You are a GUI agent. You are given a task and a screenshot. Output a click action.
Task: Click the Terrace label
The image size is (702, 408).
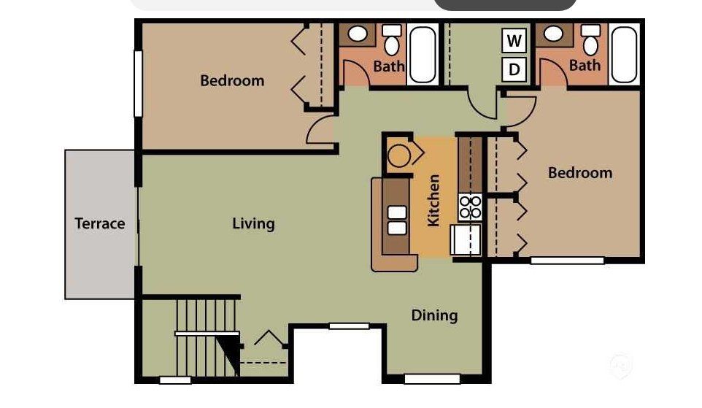[x=100, y=224]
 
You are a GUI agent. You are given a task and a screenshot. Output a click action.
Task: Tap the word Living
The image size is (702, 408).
[x=253, y=223]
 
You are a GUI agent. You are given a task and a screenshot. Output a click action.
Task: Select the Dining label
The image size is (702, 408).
[x=434, y=315]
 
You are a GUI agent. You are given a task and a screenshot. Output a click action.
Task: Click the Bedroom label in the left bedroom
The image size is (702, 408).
[x=232, y=80]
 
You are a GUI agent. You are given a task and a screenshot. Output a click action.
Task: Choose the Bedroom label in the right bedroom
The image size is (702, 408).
[x=580, y=173]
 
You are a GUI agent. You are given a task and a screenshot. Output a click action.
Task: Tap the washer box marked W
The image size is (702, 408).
[x=514, y=41]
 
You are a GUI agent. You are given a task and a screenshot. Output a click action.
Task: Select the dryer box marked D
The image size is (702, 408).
[x=514, y=69]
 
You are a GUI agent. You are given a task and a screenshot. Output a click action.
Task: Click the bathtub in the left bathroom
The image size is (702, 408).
[x=423, y=55]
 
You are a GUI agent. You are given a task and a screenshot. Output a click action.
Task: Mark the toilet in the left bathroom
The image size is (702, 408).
[x=393, y=41]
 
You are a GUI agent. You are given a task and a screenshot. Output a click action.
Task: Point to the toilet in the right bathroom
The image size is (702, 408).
[x=590, y=41]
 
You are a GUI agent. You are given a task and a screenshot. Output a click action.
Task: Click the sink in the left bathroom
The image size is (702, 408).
[x=358, y=34]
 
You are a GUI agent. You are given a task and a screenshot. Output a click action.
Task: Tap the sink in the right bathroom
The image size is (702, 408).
[x=554, y=34]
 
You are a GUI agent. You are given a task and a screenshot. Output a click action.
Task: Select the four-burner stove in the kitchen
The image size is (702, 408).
[x=470, y=207]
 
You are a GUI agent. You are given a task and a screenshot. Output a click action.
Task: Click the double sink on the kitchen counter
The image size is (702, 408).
[x=396, y=220]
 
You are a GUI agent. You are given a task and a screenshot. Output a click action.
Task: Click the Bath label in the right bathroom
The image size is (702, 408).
[x=585, y=66]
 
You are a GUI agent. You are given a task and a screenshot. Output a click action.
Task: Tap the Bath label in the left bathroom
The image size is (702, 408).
[x=389, y=66]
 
